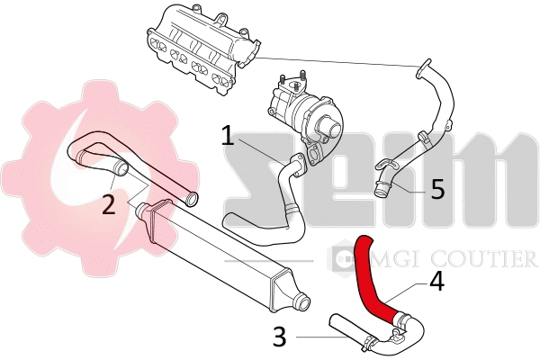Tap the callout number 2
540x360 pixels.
tap(108, 204)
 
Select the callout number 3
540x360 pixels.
tap(280, 337)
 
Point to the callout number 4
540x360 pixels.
tap(436, 282)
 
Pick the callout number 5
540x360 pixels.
tap(436, 189)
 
